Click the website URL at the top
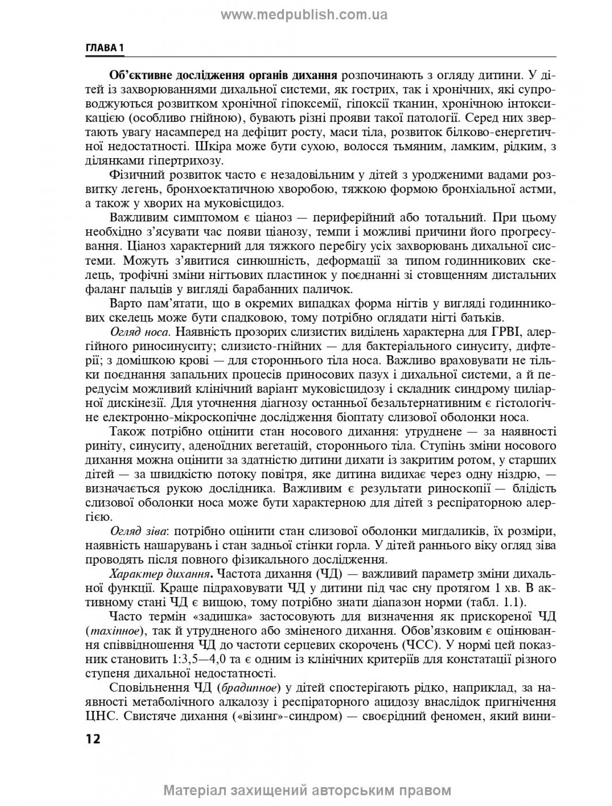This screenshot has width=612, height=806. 304,15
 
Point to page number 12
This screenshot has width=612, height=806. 93,738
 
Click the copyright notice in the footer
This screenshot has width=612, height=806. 307,790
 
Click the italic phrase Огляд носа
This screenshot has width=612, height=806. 139,332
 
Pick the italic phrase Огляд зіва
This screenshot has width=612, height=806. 138,531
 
